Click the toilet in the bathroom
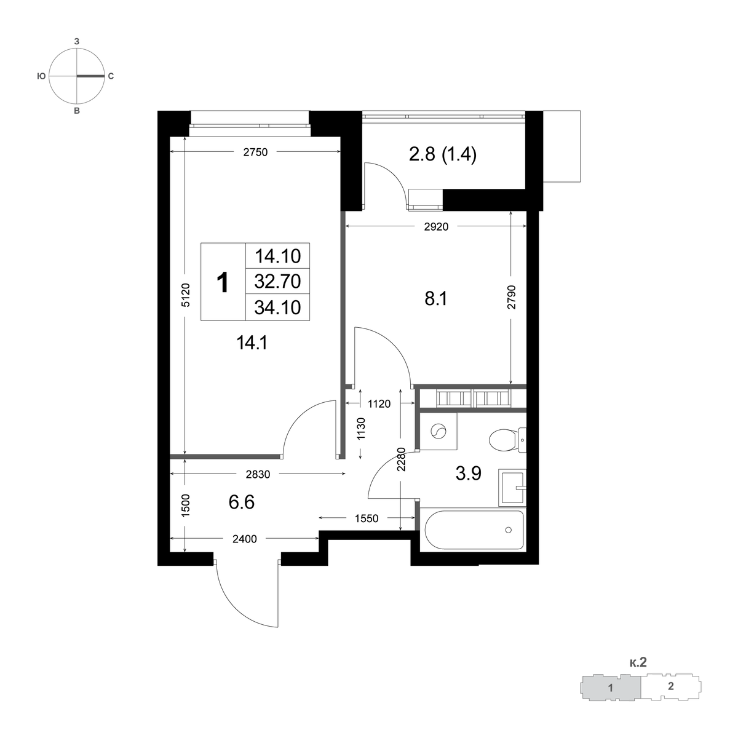pos(508,440)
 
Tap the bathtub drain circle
pos(508,530)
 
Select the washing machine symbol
pos(438,431)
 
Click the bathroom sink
pos(512,488)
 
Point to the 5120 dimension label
pos(185,295)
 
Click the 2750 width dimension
pos(255,153)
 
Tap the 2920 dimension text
pos(436,227)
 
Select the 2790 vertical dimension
pos(512,297)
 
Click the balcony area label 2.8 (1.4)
pos(443,155)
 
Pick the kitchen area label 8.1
pos(436,299)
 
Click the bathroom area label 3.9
pos(469,474)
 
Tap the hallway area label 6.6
pos(242,502)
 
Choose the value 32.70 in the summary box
pos(277,282)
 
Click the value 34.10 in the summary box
pos(277,307)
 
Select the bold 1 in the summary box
pos(223,283)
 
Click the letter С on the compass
pos(111,77)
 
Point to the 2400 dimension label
pos(245,539)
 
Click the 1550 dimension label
pos(367,518)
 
